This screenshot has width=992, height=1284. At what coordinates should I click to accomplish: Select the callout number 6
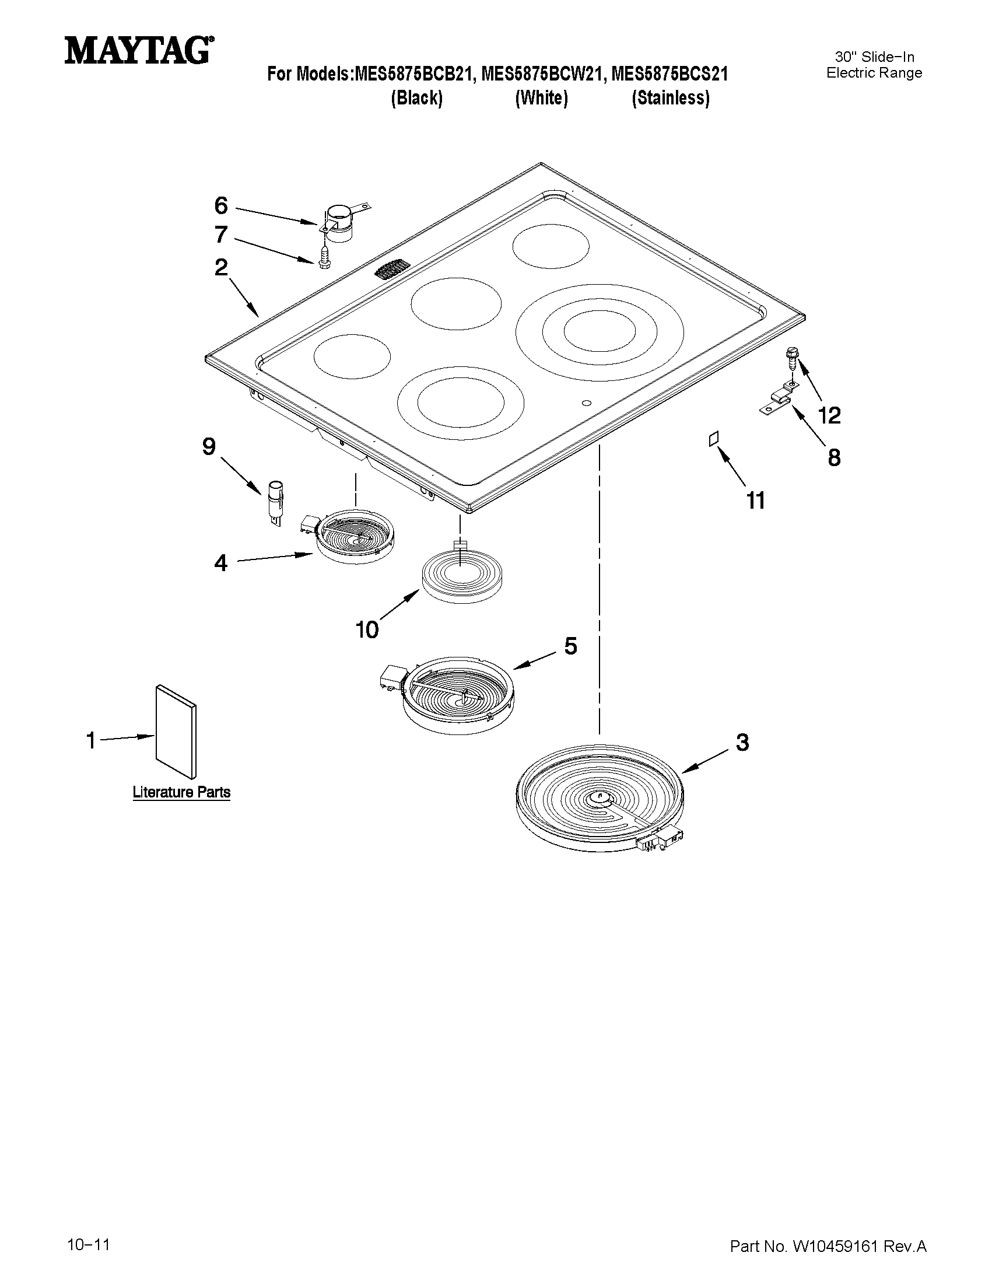click(x=221, y=207)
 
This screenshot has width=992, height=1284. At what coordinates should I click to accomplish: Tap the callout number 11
click(x=755, y=501)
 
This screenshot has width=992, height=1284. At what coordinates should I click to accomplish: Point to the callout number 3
click(x=743, y=743)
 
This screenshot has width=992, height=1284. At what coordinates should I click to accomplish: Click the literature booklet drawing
click(x=176, y=731)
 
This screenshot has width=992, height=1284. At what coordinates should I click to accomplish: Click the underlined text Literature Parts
click(x=181, y=792)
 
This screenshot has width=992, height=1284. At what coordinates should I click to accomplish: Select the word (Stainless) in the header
click(x=671, y=97)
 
